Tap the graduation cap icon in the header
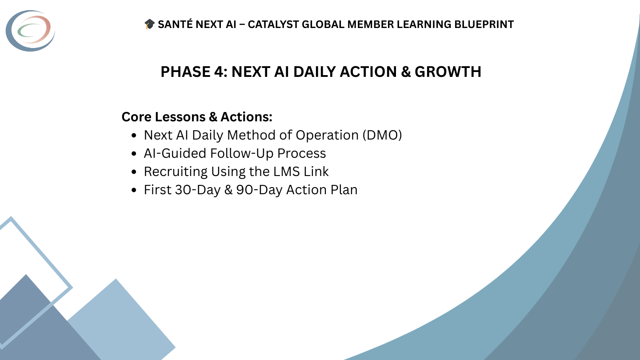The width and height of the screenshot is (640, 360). (149, 24)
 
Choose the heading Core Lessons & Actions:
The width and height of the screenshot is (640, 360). (197, 117)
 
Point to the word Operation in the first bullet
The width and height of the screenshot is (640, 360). (328, 135)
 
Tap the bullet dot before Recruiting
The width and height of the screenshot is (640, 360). (134, 172)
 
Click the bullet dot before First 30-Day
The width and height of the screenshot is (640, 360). (134, 190)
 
